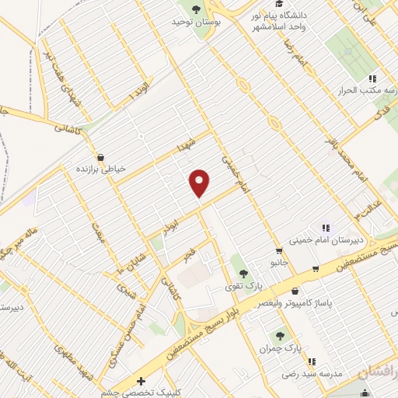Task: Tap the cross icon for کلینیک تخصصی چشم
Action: (x=140, y=382)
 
